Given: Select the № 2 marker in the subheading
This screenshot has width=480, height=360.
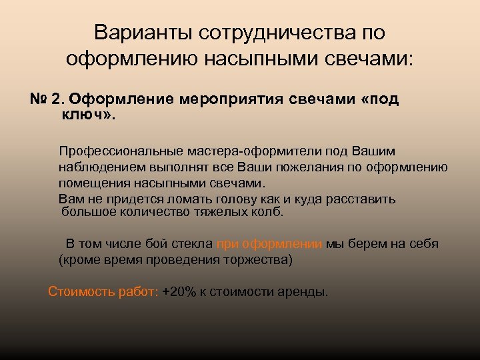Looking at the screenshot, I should (x=45, y=99).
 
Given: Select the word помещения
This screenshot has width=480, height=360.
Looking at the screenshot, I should (x=91, y=183).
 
